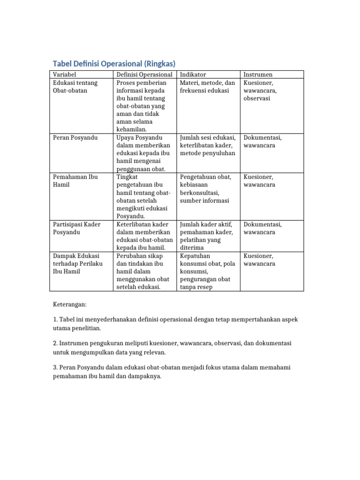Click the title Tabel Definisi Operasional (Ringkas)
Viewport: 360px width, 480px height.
point(114,64)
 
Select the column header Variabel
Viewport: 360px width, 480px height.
point(65,75)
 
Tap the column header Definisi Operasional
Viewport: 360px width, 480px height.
point(144,75)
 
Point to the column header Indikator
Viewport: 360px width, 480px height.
point(193,75)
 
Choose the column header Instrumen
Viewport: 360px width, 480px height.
point(258,75)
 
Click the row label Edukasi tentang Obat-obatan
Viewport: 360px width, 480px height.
point(75,87)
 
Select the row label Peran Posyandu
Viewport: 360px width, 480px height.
point(75,138)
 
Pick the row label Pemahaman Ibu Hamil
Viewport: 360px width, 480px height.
point(75,181)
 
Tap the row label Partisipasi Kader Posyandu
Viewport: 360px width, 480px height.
point(76,228)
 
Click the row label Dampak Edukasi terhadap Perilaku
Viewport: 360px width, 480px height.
point(76,264)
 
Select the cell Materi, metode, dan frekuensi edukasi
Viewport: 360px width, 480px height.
point(207,87)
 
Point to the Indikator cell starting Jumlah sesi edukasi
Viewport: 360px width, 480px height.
point(207,145)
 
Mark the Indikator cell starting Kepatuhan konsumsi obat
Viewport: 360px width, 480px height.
point(207,271)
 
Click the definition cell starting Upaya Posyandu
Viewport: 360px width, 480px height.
point(144,153)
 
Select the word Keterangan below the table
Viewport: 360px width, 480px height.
point(70,304)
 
